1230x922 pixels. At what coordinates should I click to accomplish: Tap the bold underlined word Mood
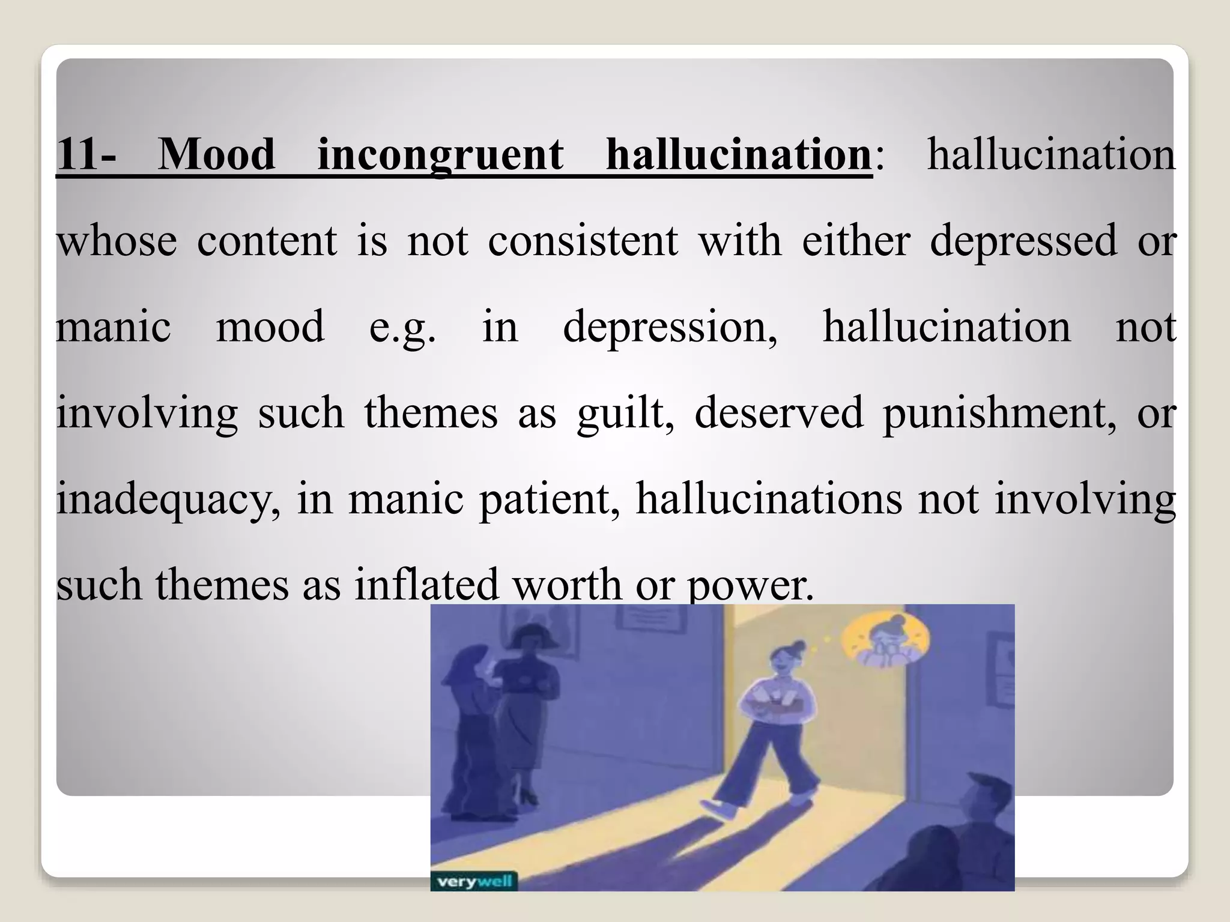click(x=216, y=155)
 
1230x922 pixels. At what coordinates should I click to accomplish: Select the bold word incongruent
click(x=440, y=155)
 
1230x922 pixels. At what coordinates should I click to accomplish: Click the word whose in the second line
click(x=117, y=241)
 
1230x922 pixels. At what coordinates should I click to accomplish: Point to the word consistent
click(x=583, y=241)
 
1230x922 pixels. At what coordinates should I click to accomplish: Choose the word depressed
click(x=1023, y=241)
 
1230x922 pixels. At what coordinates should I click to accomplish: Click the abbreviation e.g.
click(x=402, y=327)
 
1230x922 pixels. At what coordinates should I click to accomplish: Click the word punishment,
click(x=999, y=414)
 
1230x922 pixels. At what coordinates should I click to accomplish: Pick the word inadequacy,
click(x=168, y=499)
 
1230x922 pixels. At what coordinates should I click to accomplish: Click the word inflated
click(x=426, y=585)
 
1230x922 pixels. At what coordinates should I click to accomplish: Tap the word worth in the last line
click(x=568, y=585)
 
